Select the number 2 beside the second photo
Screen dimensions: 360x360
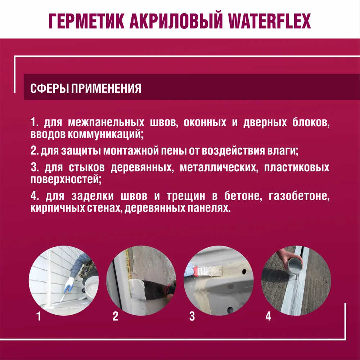click(x=116, y=316)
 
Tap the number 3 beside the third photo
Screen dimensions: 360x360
click(x=192, y=316)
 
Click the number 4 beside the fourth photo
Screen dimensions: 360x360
click(x=268, y=316)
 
